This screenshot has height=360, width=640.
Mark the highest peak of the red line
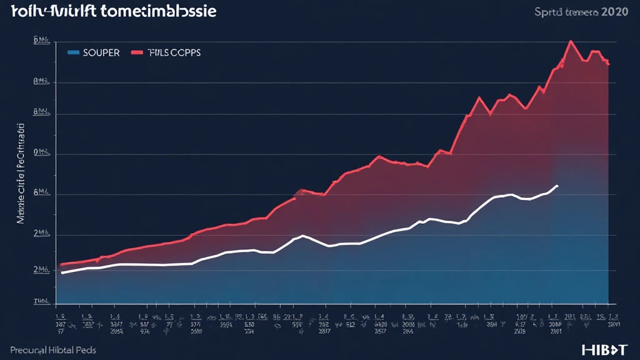(x=571, y=41)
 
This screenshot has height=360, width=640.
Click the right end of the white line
(x=557, y=186)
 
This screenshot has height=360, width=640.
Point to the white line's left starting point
(x=62, y=272)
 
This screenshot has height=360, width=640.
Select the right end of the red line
(x=608, y=64)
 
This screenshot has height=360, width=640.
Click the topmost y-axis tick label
(x=41, y=41)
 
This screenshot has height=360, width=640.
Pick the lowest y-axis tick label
(x=41, y=301)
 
